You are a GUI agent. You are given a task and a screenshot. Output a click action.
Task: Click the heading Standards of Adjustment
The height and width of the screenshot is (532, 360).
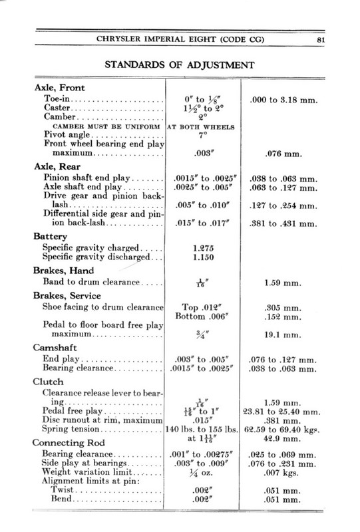click(x=180, y=66)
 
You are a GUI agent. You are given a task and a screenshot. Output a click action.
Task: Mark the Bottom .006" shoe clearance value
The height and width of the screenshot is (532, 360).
click(x=201, y=317)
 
